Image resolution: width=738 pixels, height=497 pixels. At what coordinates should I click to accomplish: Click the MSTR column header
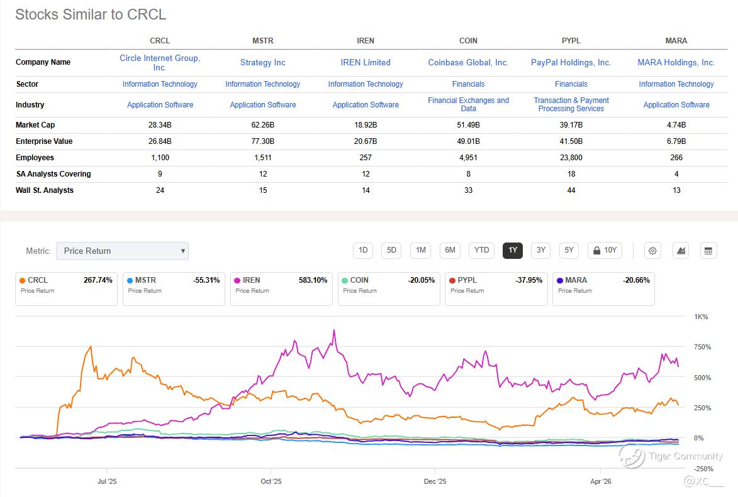coord(262,40)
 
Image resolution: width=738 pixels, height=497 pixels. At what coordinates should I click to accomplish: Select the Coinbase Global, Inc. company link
coord(468,63)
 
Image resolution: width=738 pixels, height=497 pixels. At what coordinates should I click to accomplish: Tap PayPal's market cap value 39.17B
coord(571,125)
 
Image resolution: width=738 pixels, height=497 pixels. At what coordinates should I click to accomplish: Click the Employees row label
coord(35,158)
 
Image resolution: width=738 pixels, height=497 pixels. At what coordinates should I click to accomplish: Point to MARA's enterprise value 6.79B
coord(676,141)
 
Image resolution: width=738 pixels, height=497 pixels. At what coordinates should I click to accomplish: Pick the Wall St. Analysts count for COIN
coord(468,190)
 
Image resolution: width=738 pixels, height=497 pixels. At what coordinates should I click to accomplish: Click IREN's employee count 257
coord(366,158)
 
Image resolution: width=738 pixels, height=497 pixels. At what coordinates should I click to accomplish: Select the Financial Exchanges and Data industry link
coord(468,104)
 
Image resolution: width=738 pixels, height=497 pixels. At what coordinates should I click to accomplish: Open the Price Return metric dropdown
coord(123,251)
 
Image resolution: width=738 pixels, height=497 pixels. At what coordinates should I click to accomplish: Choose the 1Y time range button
coord(513,250)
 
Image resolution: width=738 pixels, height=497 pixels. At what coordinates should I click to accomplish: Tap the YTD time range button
coord(481,250)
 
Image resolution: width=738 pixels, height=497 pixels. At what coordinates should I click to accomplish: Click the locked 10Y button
coord(605,250)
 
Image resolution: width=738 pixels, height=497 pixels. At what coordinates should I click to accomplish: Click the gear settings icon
coord(652,251)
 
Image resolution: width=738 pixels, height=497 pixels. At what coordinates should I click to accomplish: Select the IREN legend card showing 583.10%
coord(281,288)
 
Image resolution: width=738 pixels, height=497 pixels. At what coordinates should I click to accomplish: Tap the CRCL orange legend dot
coord(22,281)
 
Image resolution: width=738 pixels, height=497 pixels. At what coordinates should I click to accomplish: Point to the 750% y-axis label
coord(702,347)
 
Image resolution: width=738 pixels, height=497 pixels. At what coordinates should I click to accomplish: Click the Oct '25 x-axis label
coord(271,481)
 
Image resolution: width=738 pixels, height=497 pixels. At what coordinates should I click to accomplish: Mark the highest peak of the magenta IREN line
coord(334,330)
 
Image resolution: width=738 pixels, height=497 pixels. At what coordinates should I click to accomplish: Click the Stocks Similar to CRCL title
coord(91,14)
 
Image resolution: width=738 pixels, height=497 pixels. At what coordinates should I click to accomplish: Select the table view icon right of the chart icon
coord(708,251)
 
